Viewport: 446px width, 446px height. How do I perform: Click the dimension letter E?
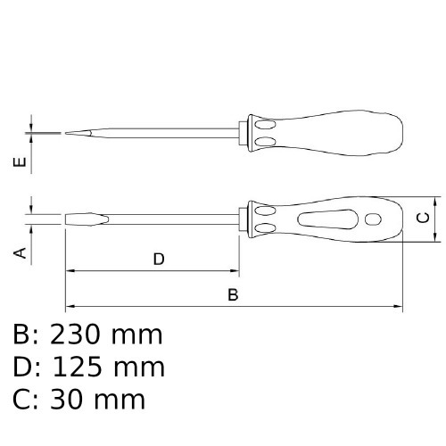click(x=20, y=162)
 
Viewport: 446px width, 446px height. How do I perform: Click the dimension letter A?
click(x=21, y=253)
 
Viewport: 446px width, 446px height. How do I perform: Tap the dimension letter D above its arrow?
click(x=159, y=259)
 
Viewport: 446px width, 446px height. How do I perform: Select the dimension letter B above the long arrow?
click(x=233, y=294)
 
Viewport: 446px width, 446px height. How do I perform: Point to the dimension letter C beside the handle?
click(x=423, y=218)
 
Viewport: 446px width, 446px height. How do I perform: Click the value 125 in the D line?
click(x=77, y=368)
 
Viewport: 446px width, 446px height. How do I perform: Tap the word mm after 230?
click(x=136, y=337)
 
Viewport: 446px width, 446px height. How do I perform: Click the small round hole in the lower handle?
click(x=373, y=219)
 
